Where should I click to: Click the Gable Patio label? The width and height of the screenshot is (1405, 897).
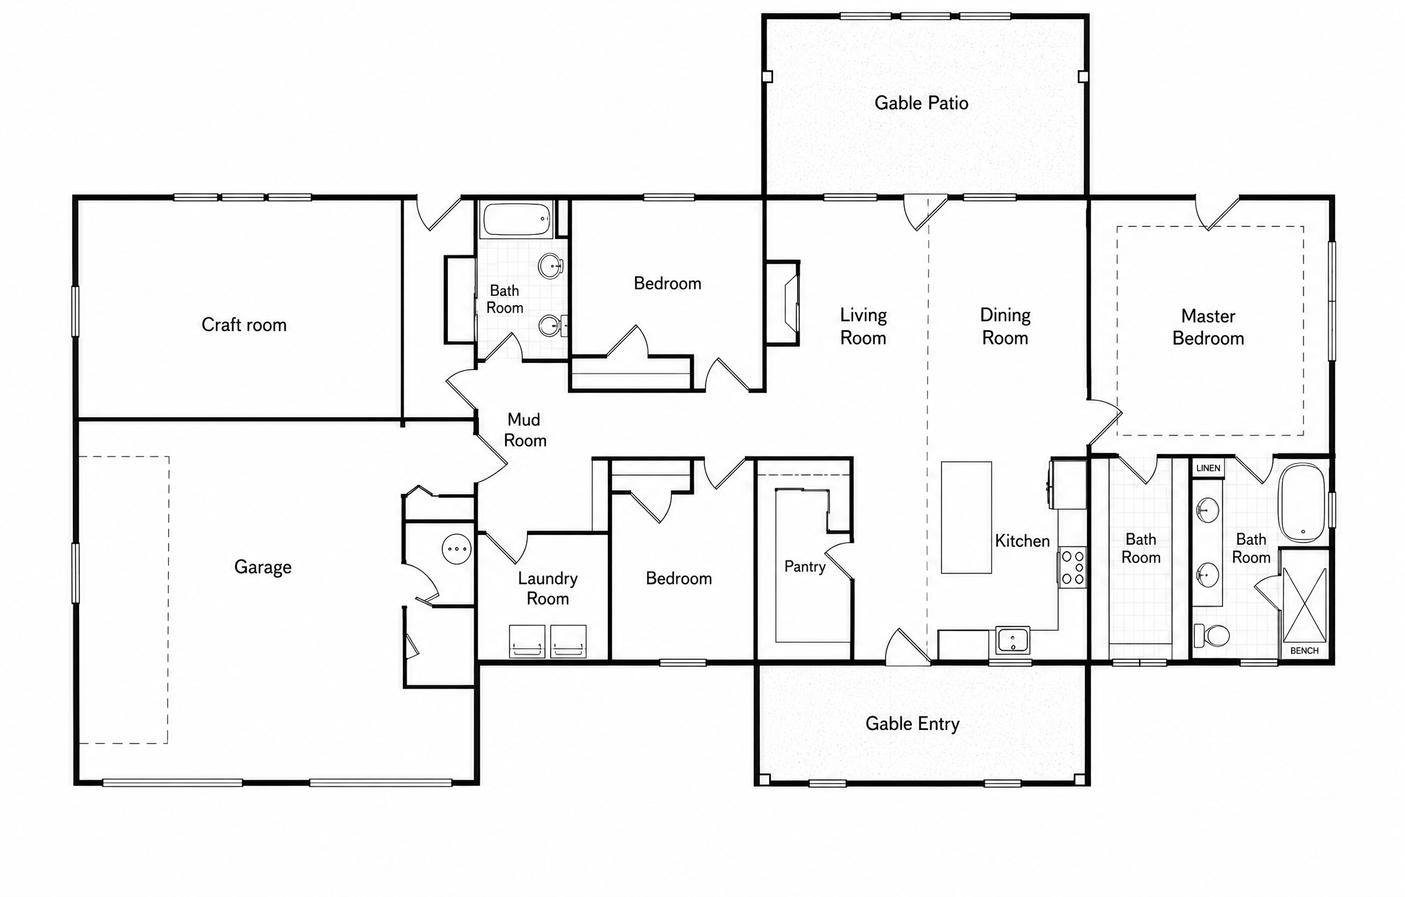click(921, 103)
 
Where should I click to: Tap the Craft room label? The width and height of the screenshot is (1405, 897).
click(244, 325)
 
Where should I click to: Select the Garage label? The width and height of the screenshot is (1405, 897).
click(263, 567)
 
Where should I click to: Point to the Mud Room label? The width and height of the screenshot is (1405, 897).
click(524, 430)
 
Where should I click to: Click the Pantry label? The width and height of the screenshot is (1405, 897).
click(805, 566)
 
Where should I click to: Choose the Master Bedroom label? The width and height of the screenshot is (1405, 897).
click(1208, 327)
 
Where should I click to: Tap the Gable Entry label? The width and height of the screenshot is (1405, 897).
click(912, 724)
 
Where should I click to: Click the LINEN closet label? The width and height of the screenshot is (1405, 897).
click(1208, 468)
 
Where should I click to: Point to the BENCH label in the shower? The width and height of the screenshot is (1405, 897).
click(1304, 651)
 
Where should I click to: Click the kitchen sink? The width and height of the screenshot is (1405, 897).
click(1012, 640)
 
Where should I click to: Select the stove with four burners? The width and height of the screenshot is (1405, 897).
click(1072, 567)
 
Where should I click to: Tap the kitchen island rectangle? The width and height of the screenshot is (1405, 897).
click(966, 517)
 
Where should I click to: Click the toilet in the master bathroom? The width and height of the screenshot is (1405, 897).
click(1211, 636)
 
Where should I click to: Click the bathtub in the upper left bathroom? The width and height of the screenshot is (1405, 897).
click(517, 219)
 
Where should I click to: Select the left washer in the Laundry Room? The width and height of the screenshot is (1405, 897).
click(527, 641)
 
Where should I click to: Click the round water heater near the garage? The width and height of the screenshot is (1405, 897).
click(457, 549)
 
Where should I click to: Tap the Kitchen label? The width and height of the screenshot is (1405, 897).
click(1022, 541)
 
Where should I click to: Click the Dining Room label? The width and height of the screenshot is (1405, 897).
click(1005, 326)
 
